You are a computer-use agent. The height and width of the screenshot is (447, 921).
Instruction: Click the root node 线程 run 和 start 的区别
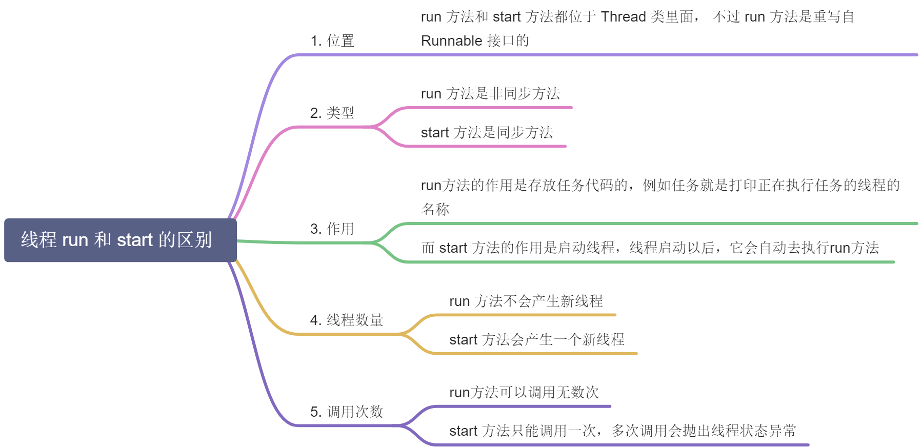point(121,240)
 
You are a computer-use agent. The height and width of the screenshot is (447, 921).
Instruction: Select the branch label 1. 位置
point(332,40)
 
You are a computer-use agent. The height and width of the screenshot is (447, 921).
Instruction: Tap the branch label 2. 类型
point(332,113)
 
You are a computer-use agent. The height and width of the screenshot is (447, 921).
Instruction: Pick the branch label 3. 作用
point(332,229)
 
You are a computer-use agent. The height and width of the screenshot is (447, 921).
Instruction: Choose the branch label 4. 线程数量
point(347,320)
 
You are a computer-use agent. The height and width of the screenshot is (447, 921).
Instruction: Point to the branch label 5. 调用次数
point(347,412)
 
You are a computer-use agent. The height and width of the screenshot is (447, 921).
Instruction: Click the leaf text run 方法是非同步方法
point(491,93)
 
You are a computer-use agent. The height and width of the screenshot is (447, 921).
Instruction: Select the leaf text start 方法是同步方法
point(487,132)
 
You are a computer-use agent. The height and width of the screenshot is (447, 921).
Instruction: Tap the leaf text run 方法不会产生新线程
point(526,301)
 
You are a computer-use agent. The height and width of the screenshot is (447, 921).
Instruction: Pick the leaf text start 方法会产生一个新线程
point(537,339)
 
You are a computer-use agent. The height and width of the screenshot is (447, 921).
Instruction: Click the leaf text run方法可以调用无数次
point(524,392)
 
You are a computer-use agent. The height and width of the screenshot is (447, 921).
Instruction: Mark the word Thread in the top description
point(624,17)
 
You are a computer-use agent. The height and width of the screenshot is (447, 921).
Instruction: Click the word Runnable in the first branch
point(452,41)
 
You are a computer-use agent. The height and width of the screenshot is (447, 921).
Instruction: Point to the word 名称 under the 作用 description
point(435,209)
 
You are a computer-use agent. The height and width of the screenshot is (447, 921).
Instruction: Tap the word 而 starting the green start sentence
point(428,248)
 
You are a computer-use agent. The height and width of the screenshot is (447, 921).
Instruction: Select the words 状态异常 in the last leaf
point(768,431)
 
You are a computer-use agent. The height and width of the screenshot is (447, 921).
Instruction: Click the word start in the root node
point(135,240)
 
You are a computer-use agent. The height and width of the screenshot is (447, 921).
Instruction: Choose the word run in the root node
point(75,240)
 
